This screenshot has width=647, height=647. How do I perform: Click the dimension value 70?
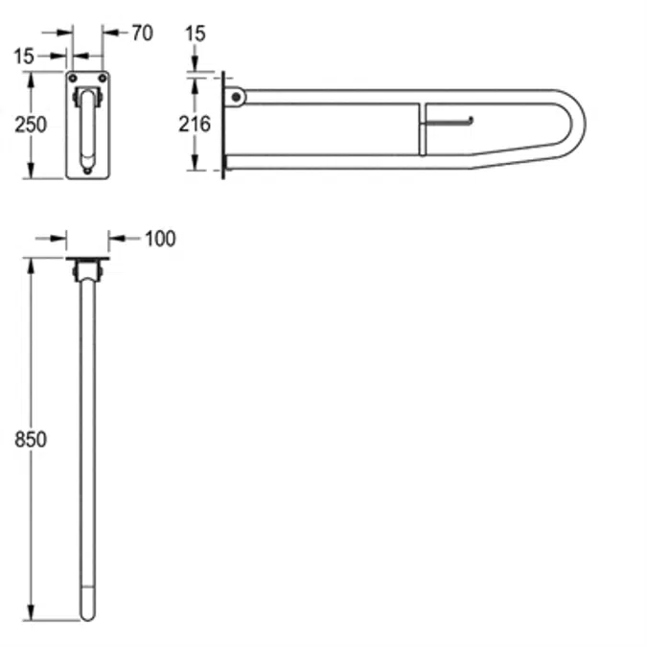click(142, 34)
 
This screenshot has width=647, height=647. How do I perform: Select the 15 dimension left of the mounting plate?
click(25, 57)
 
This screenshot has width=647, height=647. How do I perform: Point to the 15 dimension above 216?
click(195, 34)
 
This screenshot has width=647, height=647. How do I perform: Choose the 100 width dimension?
click(160, 239)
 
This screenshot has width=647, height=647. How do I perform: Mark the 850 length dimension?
click(33, 439)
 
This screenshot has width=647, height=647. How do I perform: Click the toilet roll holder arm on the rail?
click(451, 121)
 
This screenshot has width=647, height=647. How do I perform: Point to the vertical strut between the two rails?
click(421, 128)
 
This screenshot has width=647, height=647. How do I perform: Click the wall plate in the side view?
click(224, 125)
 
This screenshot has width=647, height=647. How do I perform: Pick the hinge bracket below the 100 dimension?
click(87, 273)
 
